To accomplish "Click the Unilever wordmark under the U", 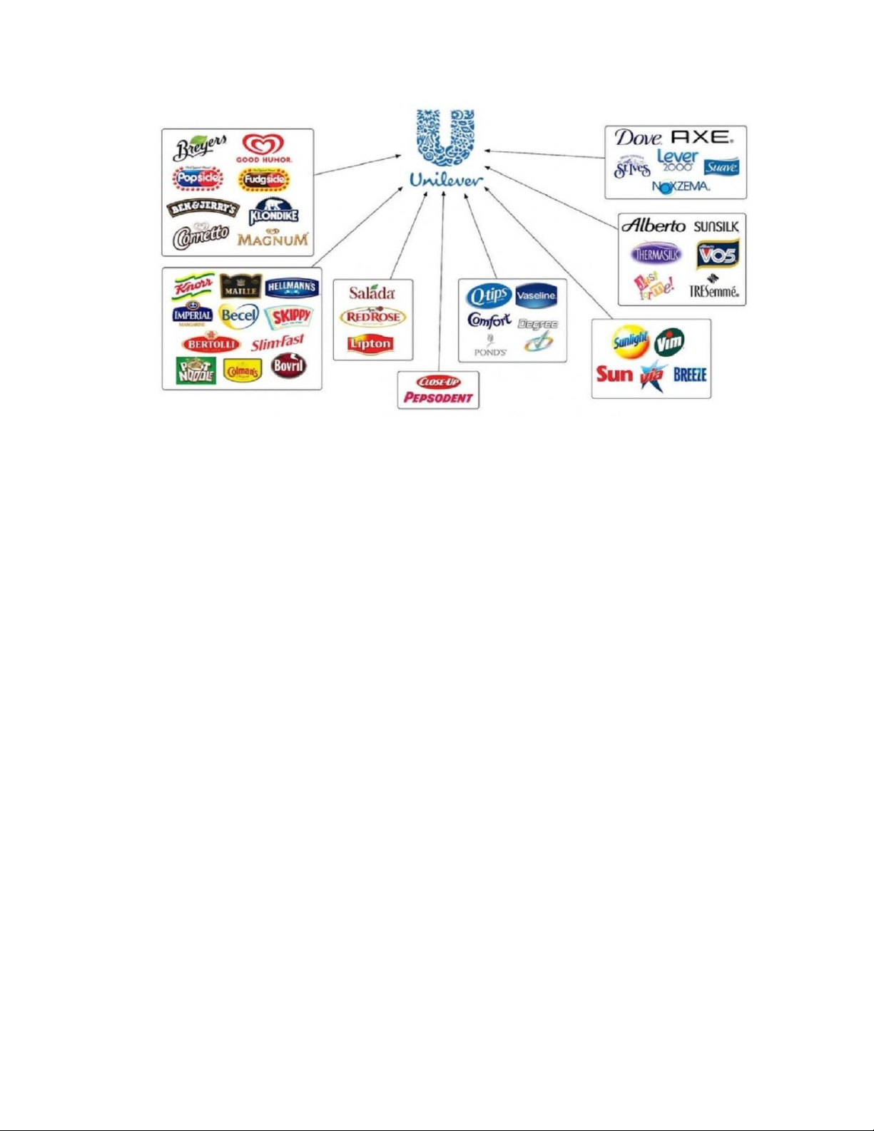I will [446, 181].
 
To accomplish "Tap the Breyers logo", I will [200, 148].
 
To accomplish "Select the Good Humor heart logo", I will [264, 148].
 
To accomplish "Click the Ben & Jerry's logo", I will [203, 208].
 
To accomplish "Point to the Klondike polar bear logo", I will [273, 212].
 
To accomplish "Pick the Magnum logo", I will [273, 238].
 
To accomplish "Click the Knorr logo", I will [193, 286].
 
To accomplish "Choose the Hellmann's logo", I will [291, 288].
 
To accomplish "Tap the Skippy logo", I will [288, 316].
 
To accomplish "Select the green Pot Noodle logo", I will [195, 370].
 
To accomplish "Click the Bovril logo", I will [289, 366].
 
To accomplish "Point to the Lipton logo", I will [370, 344].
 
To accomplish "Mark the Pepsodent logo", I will [438, 397].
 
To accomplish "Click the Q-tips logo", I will [488, 295].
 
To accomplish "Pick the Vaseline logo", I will [536, 295].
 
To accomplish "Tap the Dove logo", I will [639, 138].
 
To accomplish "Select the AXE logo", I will [702, 136].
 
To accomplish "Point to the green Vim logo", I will [669, 343].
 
